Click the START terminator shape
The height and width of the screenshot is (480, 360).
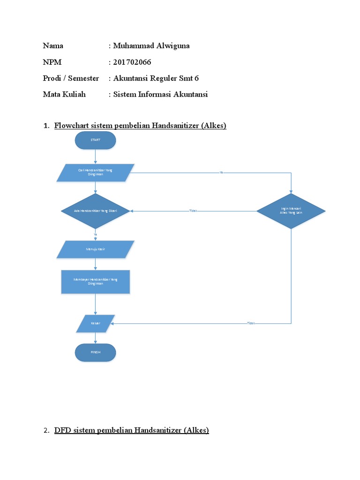tap(95, 140)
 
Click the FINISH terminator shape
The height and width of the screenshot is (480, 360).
tap(95, 352)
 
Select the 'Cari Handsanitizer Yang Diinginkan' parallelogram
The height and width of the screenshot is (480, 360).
tap(95, 172)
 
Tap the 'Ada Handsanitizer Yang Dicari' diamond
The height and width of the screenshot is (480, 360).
tap(95, 211)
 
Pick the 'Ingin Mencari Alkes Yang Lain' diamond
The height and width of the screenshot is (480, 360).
tap(291, 211)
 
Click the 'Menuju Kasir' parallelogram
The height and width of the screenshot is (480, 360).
tap(95, 249)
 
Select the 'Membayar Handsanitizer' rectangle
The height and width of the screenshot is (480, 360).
tap(95, 281)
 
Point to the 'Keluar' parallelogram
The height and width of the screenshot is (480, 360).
tap(95, 323)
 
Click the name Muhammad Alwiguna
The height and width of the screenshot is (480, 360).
tap(151, 46)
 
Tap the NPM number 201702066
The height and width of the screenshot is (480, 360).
tap(132, 62)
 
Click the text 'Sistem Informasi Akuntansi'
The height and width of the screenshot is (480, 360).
tap(160, 94)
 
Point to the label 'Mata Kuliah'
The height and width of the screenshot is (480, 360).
tap(64, 94)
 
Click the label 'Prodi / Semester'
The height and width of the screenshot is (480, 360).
tap(71, 78)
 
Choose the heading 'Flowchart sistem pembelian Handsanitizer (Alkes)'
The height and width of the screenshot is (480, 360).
tap(140, 126)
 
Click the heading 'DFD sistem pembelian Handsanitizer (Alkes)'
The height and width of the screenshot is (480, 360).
tap(132, 430)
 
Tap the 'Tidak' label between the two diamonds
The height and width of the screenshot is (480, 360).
tap(193, 211)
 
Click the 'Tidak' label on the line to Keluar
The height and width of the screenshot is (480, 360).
tap(251, 323)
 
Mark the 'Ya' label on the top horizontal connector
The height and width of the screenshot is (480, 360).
tap(221, 172)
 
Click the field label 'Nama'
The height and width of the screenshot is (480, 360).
tap(53, 46)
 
